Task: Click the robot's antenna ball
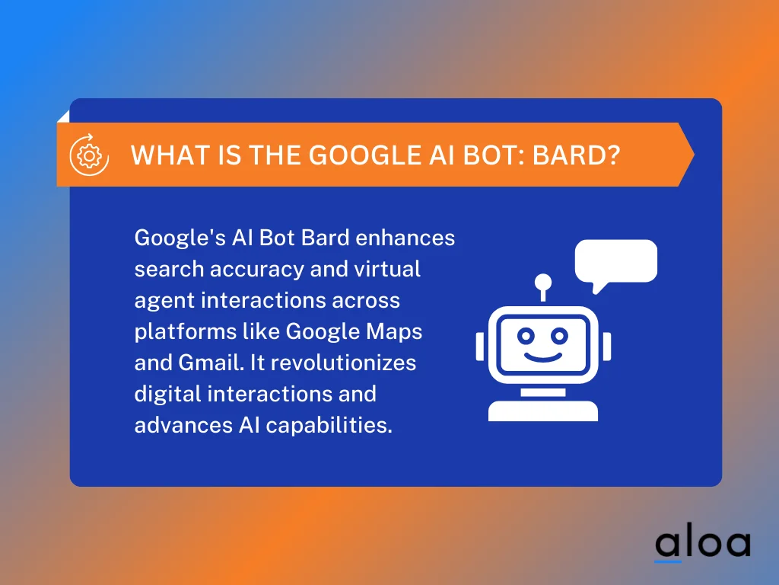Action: point(542,281)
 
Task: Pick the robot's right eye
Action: point(560,335)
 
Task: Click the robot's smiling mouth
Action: point(542,356)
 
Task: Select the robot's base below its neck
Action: point(542,410)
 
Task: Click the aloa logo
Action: point(702,543)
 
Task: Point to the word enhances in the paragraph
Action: point(405,238)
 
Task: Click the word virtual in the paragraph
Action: point(387,269)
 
